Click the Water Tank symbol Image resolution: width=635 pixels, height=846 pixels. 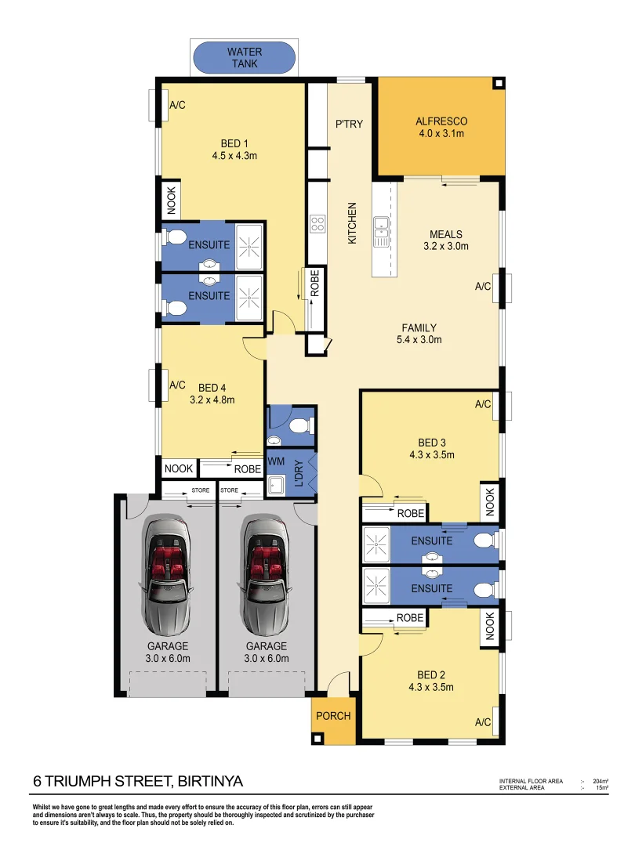pos(245,58)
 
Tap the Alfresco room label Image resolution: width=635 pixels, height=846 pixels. pos(441,121)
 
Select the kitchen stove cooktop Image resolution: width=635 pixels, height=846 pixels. pos(318,224)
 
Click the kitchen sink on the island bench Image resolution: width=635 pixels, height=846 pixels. pos(381,226)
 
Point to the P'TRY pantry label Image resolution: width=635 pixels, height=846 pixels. pos(349,124)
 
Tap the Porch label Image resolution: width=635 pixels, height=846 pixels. pos(333,716)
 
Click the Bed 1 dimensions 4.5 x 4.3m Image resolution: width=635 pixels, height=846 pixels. pos(234,156)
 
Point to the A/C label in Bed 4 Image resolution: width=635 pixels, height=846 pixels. pos(177,385)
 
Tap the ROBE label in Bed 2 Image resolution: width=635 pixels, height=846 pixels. pos(410,618)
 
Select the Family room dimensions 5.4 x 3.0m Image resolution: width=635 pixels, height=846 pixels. pos(419,340)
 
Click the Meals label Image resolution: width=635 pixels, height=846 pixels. pos(445,234)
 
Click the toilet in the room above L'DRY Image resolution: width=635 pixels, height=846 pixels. pos(299,425)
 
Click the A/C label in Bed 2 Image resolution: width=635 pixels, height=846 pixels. pos(483,721)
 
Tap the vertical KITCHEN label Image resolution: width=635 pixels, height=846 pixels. pos(352,223)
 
